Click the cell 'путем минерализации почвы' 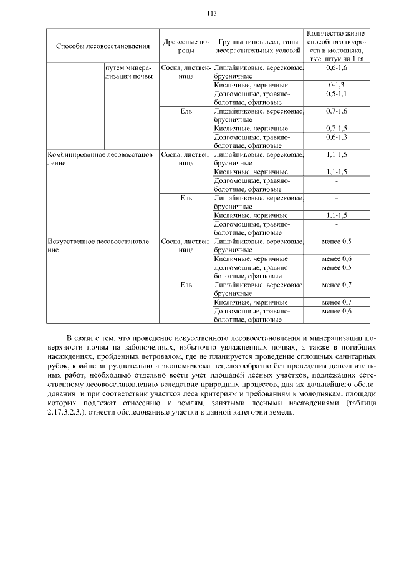click(129, 71)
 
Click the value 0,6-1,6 click(337, 67)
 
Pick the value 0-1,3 click(337, 84)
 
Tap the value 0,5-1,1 click(337, 93)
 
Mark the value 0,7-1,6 click(337, 111)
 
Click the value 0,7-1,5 click(337, 128)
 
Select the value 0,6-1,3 click(337, 137)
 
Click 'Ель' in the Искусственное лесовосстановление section click(185, 285)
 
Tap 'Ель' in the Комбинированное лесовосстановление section click(185, 198)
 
